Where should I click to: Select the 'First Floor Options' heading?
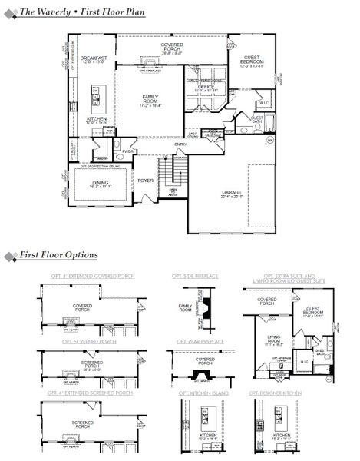click(x=58, y=254)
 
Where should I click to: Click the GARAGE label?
click(x=232, y=193)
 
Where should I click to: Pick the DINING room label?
click(x=101, y=183)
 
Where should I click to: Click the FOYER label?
click(x=146, y=181)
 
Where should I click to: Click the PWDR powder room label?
click(x=128, y=151)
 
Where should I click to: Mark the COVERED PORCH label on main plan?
click(x=171, y=48)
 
